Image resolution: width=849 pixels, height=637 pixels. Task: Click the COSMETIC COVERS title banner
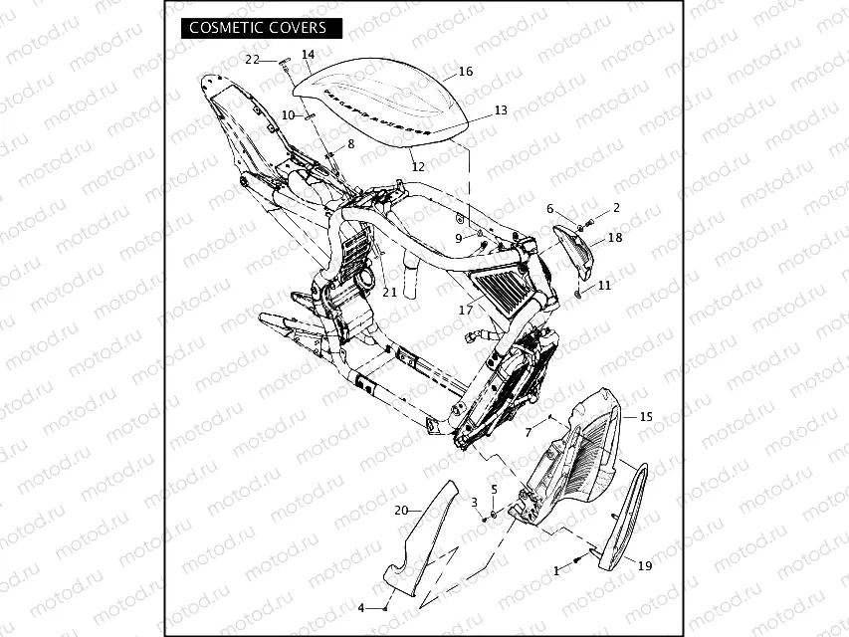pyautogui.click(x=258, y=28)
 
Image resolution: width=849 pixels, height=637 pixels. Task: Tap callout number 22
pyautogui.click(x=253, y=60)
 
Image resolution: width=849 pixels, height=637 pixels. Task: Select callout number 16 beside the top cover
pyautogui.click(x=465, y=72)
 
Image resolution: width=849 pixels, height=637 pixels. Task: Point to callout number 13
pyautogui.click(x=501, y=110)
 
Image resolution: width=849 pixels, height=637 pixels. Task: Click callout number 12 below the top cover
pyautogui.click(x=418, y=166)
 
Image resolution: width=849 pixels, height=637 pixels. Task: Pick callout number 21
pyautogui.click(x=389, y=292)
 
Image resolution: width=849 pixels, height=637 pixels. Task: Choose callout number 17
pyautogui.click(x=465, y=311)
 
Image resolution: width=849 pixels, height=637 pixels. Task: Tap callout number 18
pyautogui.click(x=614, y=238)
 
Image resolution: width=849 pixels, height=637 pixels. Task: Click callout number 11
pyautogui.click(x=605, y=286)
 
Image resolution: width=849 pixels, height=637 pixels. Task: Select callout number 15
pyautogui.click(x=645, y=417)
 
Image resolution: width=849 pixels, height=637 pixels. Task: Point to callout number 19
pyautogui.click(x=645, y=566)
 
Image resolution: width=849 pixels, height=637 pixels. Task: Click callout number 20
pyautogui.click(x=401, y=510)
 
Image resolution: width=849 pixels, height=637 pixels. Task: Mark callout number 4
pyautogui.click(x=361, y=607)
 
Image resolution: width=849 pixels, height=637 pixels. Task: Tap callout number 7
pyautogui.click(x=528, y=433)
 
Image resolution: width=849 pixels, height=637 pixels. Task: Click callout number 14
pyautogui.click(x=308, y=55)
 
